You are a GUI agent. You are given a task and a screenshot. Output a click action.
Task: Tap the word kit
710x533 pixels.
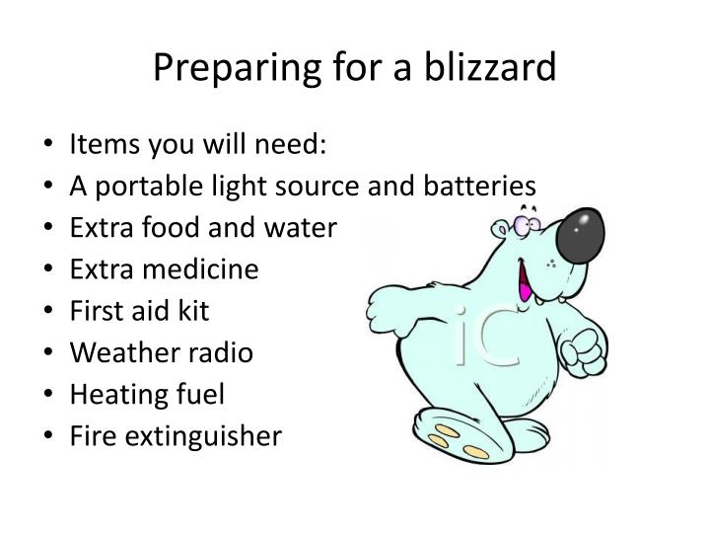193,311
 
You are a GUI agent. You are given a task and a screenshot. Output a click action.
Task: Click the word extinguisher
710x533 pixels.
198,435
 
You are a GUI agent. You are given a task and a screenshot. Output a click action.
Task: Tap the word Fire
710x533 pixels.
87,435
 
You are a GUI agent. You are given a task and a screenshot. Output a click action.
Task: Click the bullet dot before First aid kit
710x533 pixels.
48,312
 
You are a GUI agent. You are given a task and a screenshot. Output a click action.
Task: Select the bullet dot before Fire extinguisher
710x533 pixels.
48,436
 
